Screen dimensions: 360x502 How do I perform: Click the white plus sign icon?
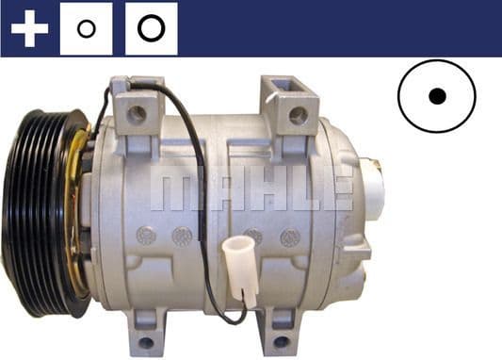tap(29, 28)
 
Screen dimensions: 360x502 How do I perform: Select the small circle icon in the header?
tap(86, 28)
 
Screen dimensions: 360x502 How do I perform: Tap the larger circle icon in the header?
tap(151, 28)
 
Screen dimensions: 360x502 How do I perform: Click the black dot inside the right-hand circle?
tap(436, 96)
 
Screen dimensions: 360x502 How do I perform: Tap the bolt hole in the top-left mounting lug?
tap(137, 113)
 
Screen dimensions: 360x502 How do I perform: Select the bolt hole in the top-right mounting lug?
tap(298, 116)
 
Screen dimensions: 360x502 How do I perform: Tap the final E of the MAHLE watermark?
tap(337, 190)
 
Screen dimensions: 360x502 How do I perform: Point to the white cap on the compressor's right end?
tap(374, 184)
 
